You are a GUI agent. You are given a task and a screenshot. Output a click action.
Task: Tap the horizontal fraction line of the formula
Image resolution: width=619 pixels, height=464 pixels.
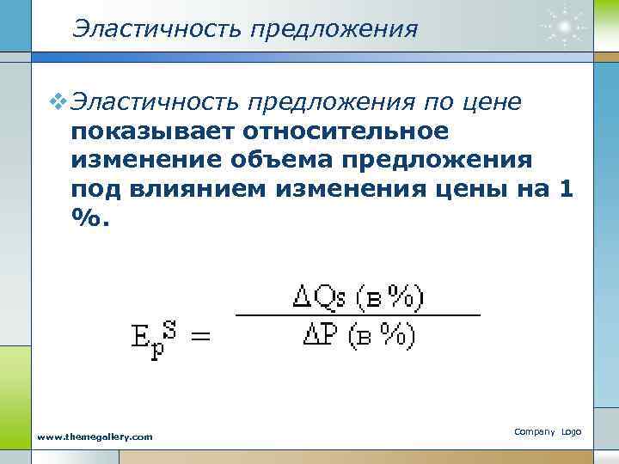tap(357, 316)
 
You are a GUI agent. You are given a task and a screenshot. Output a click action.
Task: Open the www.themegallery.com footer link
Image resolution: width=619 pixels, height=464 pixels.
tap(95, 437)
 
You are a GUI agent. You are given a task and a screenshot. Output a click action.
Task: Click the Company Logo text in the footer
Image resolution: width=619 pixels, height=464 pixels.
tap(549, 430)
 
